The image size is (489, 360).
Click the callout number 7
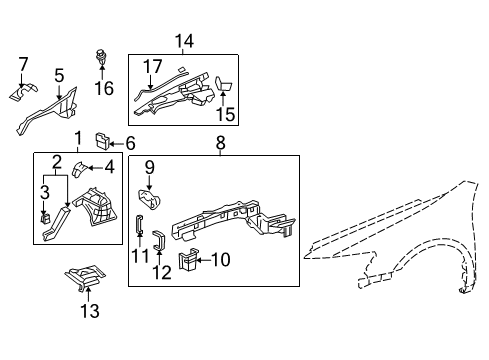(x=23, y=66)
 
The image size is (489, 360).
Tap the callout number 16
(x=104, y=88)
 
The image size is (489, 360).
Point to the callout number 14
(x=183, y=41)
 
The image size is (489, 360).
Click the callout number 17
(x=152, y=68)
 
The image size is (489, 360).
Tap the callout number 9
(x=149, y=167)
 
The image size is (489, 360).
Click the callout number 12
(x=162, y=270)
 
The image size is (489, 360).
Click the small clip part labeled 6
(x=102, y=138)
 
